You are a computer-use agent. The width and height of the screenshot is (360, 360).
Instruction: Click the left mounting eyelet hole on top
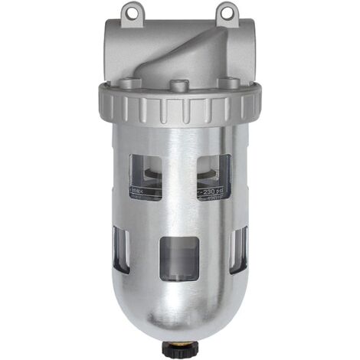tap(136, 10)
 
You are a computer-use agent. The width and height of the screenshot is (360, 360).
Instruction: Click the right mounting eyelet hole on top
tap(225, 10)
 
